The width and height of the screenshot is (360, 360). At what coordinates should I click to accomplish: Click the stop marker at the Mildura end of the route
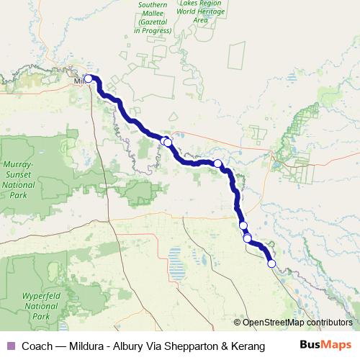point(89,79)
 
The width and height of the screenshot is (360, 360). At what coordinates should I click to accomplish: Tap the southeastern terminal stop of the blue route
point(271,264)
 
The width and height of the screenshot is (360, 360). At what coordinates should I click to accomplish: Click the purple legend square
point(9,346)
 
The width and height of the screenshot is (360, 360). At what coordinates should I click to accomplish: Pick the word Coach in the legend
point(37,346)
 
